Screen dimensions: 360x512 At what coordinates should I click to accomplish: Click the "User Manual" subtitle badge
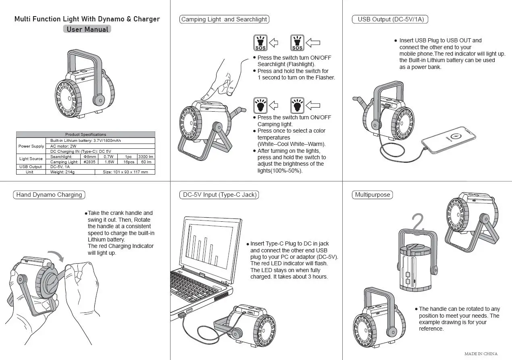tap(87, 29)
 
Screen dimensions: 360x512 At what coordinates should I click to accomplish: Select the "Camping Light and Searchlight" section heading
tap(224, 19)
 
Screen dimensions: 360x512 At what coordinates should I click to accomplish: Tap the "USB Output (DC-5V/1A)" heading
tap(391, 19)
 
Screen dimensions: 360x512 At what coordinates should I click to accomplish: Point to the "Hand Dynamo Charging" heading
tap(49, 195)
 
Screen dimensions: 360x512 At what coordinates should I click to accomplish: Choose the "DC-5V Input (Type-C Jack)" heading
tap(218, 195)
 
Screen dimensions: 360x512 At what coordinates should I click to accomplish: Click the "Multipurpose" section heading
tap(372, 195)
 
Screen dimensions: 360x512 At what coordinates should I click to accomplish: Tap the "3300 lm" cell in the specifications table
tap(146, 156)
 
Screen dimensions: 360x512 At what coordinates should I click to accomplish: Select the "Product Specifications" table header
tap(85, 134)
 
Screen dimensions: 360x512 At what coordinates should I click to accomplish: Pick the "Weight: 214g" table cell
tap(62, 172)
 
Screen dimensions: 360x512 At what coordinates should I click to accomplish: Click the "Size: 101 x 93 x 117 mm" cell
tap(125, 172)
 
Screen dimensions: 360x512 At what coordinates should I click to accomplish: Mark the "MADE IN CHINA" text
tap(481, 354)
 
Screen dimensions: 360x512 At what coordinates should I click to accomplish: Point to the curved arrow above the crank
tap(55, 255)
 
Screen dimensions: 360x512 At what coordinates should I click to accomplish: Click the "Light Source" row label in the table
tap(31, 159)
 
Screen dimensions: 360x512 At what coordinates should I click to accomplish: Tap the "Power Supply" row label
tap(31, 146)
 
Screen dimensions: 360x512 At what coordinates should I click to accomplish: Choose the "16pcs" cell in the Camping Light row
tap(128, 162)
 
